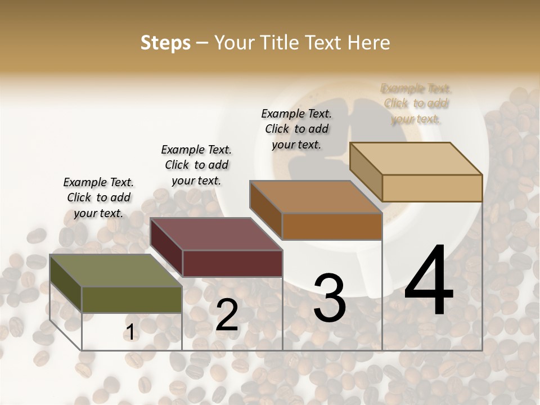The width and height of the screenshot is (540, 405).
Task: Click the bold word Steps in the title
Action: coord(165,43)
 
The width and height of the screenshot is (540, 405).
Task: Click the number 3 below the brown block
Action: coord(329,298)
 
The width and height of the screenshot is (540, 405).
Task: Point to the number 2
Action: coord(227,315)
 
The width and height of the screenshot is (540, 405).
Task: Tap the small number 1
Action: coord(130,332)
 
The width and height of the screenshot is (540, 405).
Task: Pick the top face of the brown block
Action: coord(316,197)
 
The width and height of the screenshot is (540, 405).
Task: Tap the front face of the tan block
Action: coord(432,188)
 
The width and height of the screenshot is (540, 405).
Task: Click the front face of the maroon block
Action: coord(232,263)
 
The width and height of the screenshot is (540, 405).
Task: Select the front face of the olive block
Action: coord(132,299)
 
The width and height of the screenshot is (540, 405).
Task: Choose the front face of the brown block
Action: coord(332,226)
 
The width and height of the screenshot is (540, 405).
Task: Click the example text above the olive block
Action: coord(98,197)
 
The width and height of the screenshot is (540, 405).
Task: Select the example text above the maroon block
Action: coord(196,165)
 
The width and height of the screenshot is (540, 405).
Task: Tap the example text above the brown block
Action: coord(296,129)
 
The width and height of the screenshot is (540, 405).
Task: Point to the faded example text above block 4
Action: coord(416,103)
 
